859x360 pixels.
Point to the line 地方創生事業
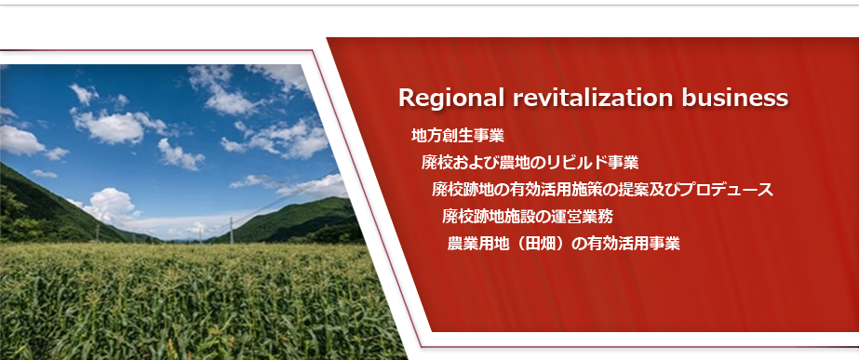[x=458, y=135]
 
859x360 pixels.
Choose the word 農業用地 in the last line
[x=474, y=244]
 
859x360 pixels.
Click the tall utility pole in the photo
[x=231, y=230]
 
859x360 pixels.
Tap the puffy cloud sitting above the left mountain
[x=110, y=206]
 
